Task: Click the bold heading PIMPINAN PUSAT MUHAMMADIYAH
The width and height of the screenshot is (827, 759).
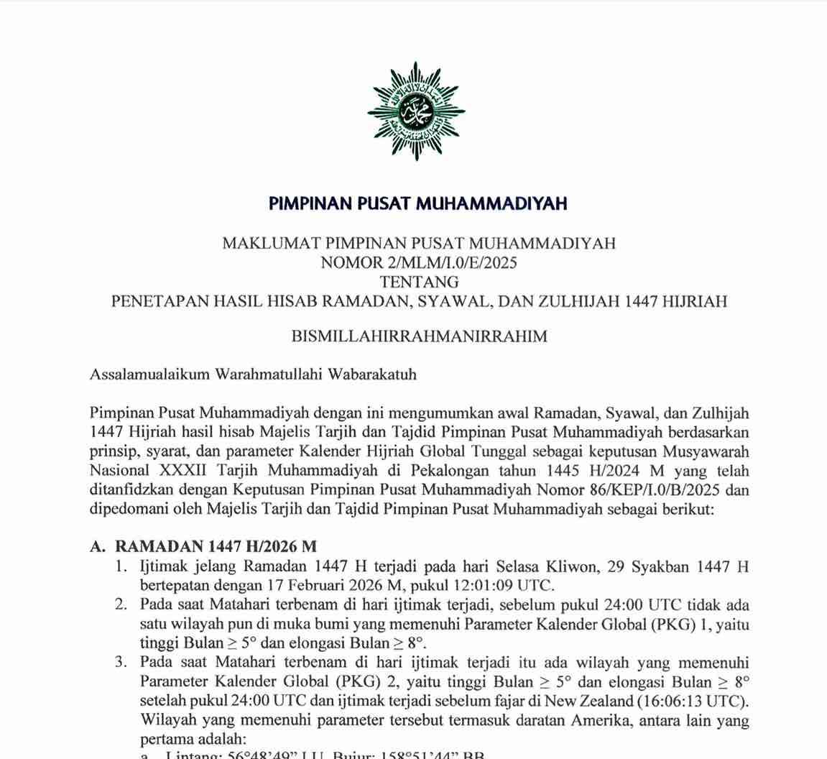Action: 418,203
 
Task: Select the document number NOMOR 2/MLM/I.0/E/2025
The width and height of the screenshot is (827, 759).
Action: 418,262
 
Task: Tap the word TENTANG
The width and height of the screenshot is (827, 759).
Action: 418,282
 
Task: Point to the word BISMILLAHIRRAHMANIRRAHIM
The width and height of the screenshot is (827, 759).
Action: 419,336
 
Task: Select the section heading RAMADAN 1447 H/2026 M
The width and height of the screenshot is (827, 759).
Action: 216,546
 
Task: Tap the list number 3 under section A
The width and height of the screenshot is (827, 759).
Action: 121,662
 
